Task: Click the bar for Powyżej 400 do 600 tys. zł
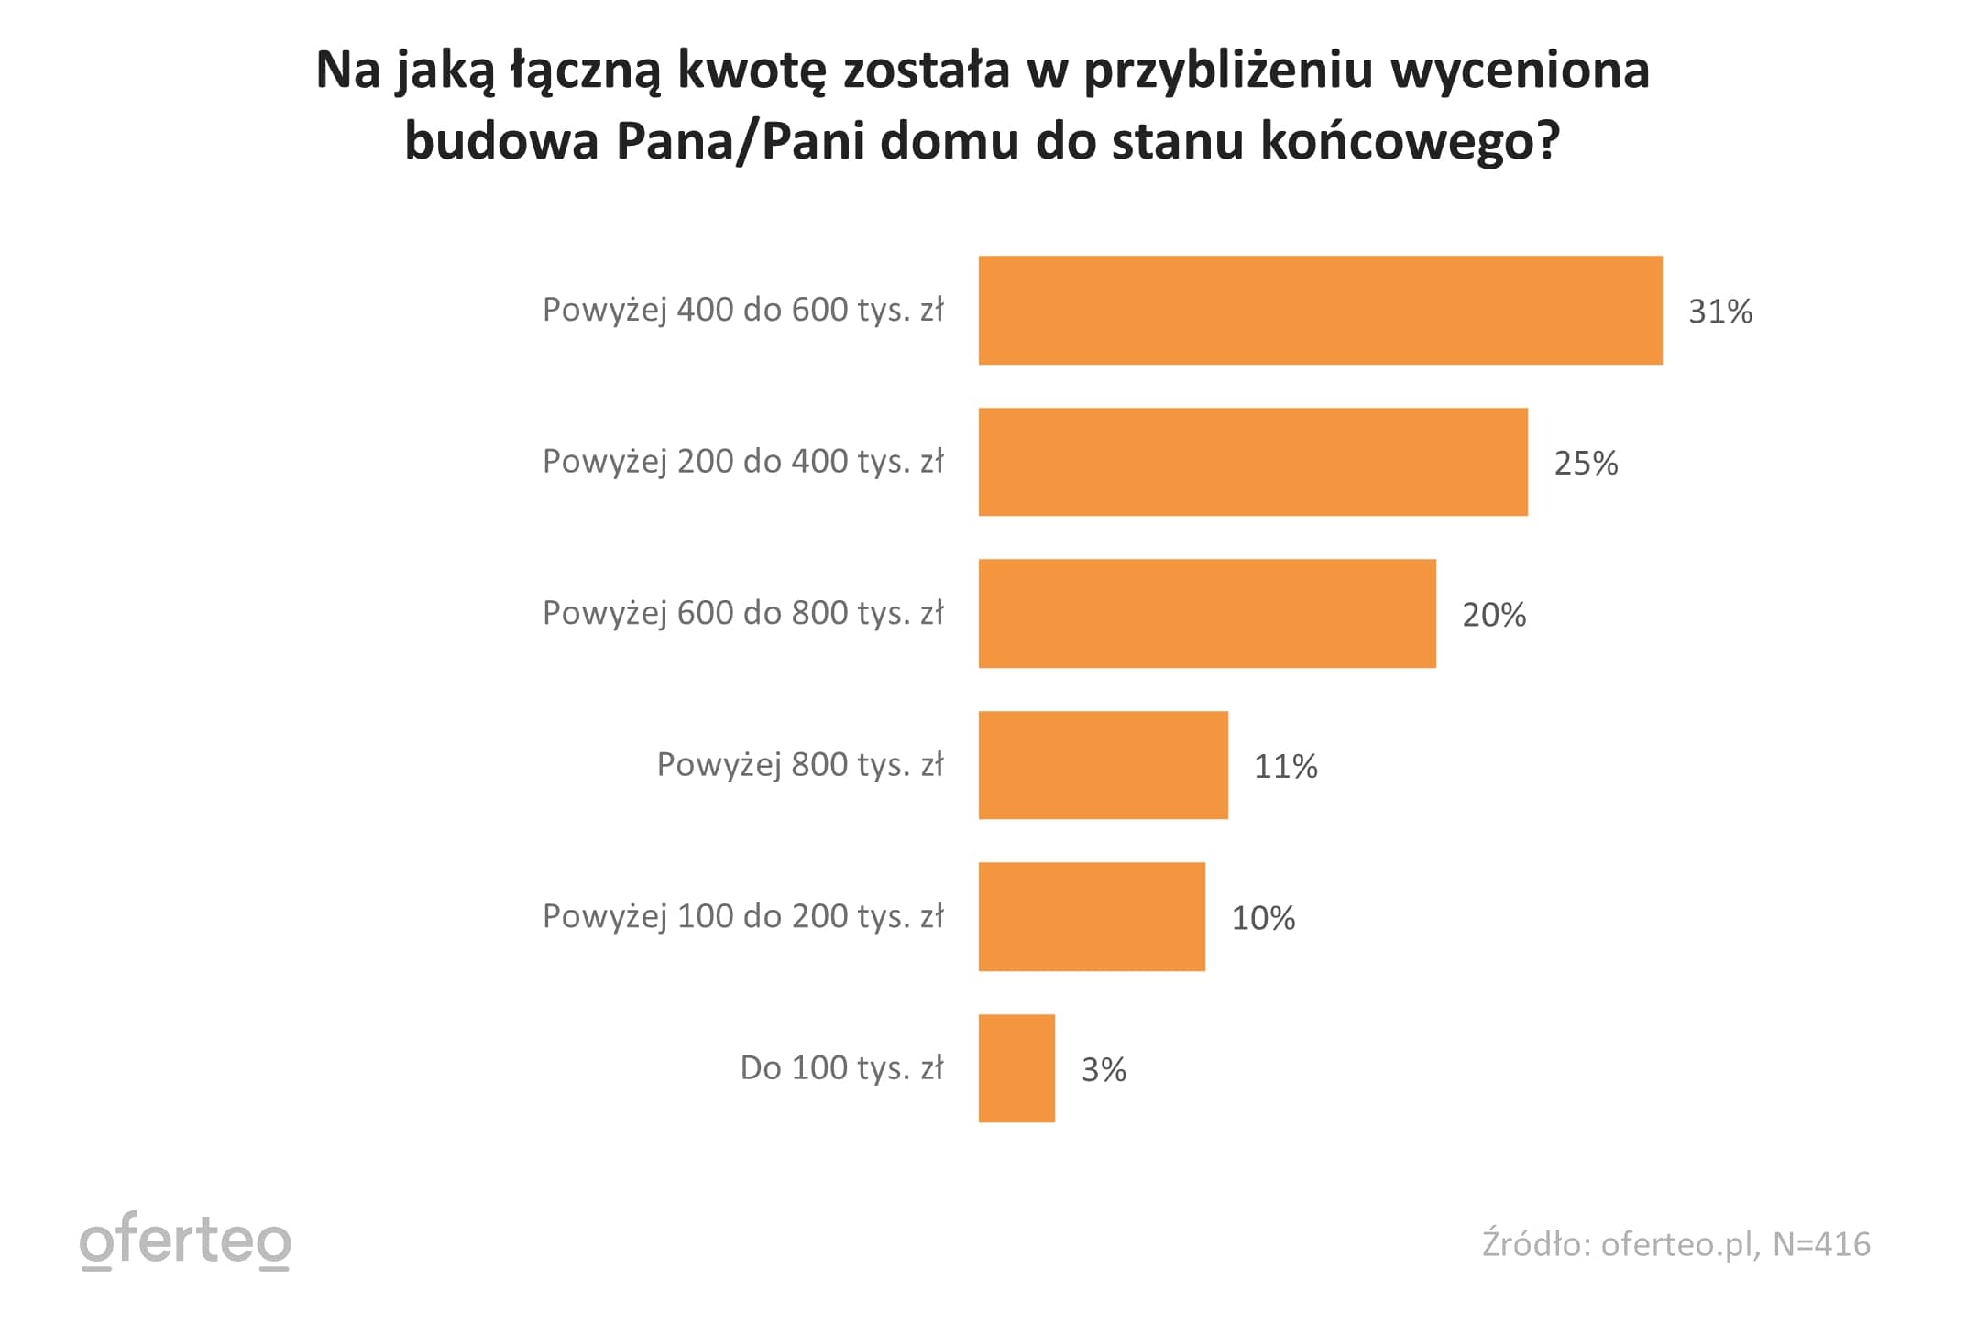point(1320,311)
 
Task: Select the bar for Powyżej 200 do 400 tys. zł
point(1253,462)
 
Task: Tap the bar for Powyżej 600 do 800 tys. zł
point(1207,614)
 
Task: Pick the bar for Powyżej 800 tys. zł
point(1103,765)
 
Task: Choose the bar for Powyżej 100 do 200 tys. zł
point(1092,917)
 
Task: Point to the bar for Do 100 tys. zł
point(1016,1068)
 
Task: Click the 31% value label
point(1720,312)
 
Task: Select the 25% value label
point(1586,464)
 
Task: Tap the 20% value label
point(1494,615)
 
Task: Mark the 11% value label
point(1285,766)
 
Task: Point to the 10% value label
point(1263,918)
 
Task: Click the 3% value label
point(1104,1069)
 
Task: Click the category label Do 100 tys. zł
point(841,1068)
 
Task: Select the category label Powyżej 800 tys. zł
point(800,765)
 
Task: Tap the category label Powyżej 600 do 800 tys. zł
point(742,614)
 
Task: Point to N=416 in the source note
point(1821,1244)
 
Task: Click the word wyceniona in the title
point(1521,70)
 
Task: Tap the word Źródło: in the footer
point(1536,1244)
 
